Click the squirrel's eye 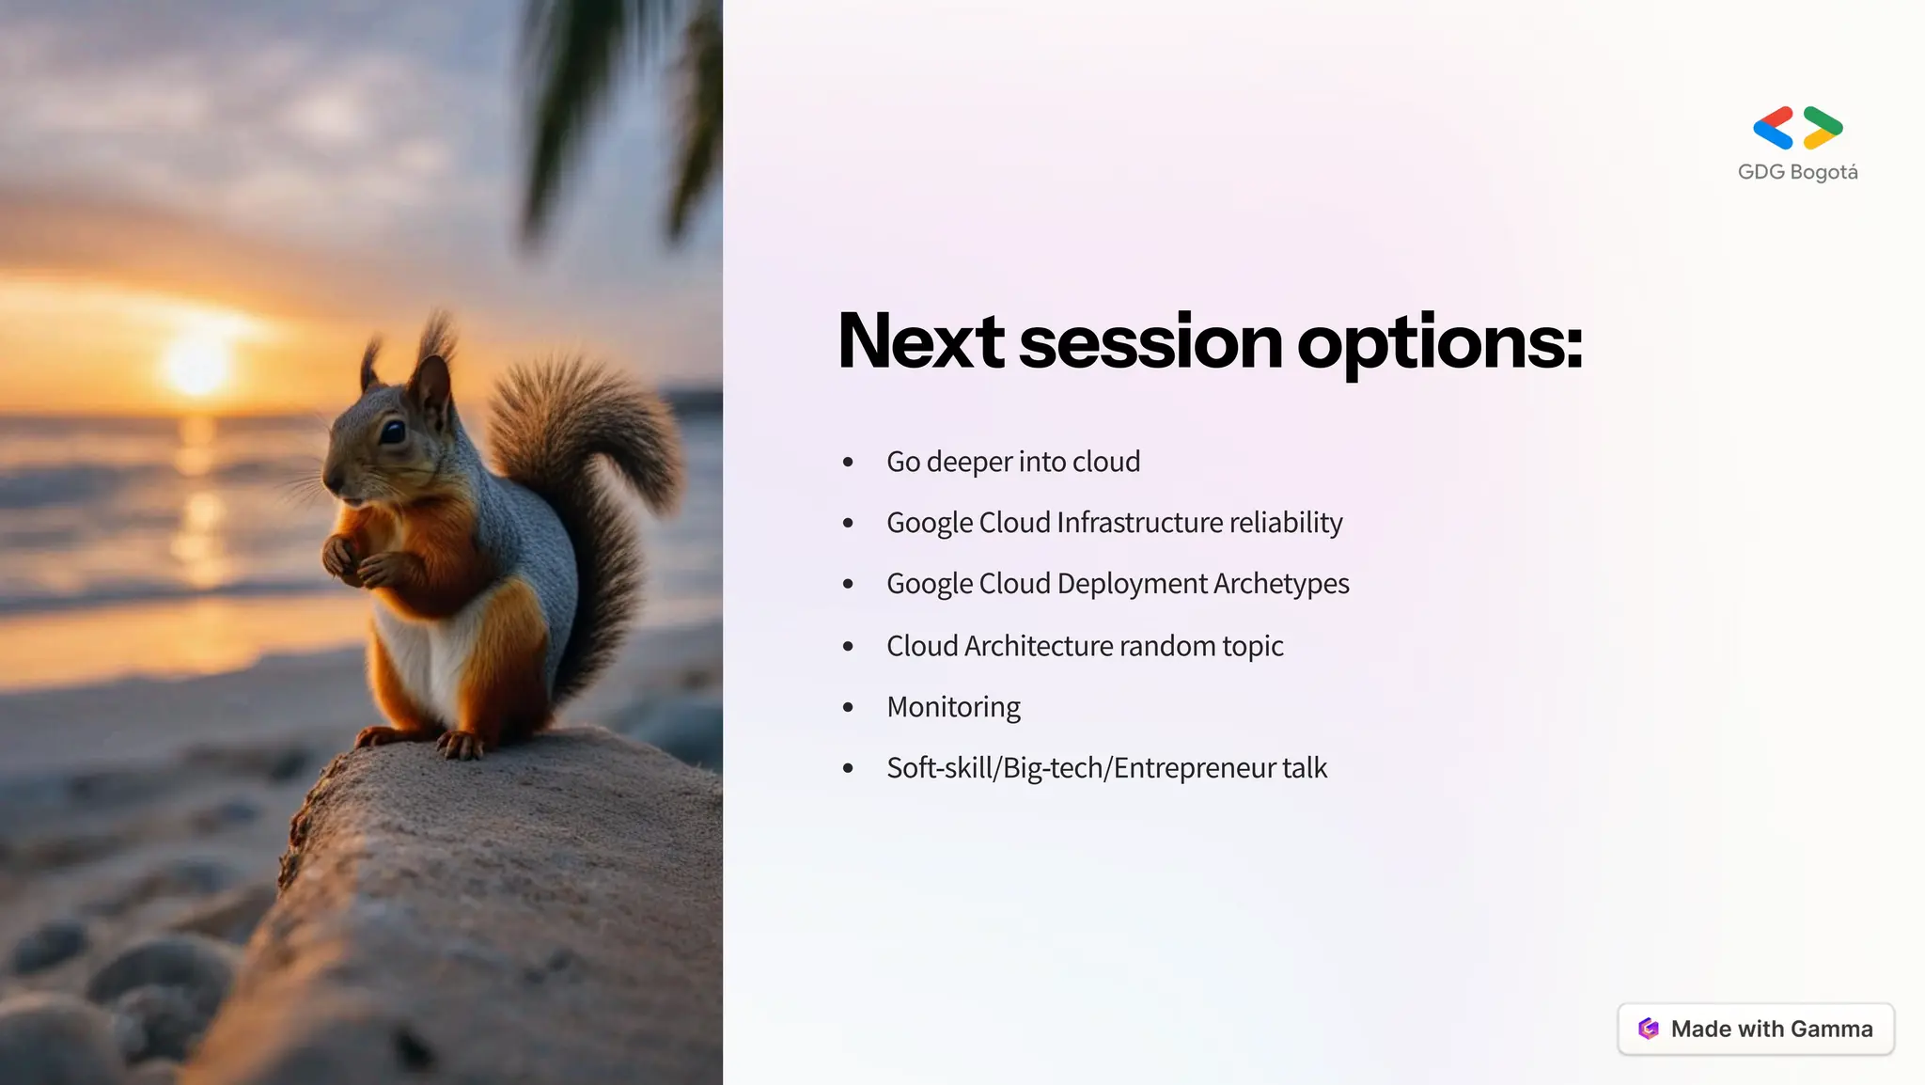coord(392,432)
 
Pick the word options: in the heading coord(1439,342)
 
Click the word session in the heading coord(1150,342)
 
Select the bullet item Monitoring coord(953,707)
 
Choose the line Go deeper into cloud coord(1012,462)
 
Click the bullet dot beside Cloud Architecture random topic coord(848,646)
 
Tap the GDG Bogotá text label coord(1797,172)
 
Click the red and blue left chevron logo coord(1774,128)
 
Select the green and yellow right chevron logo coord(1823,128)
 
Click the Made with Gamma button coord(1755,1029)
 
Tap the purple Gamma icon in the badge coord(1648,1029)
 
